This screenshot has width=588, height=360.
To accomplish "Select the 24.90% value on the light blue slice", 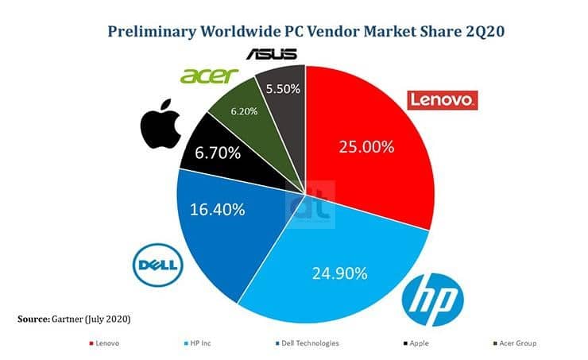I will coord(340,273).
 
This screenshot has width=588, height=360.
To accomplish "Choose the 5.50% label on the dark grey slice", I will coord(282,89).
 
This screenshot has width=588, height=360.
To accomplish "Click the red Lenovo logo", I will coord(441,100).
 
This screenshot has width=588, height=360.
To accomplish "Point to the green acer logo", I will coord(209,75).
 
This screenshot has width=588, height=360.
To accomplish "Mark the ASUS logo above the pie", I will coord(270,54).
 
